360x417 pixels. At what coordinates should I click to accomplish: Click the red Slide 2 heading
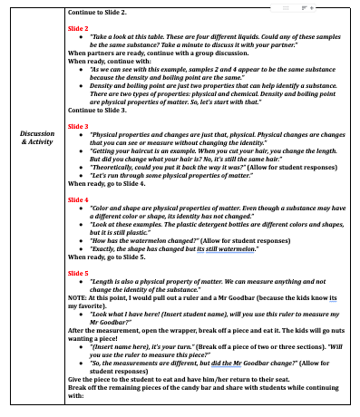point(79,28)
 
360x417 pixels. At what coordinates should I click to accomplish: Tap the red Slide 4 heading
point(79,198)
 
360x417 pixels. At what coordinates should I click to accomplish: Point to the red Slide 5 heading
point(79,272)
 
